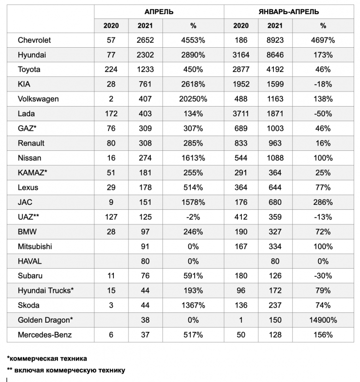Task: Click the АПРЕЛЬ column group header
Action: click(x=159, y=11)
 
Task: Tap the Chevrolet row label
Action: click(x=34, y=40)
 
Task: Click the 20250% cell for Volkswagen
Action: click(x=194, y=99)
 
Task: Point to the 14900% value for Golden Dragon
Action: click(x=323, y=320)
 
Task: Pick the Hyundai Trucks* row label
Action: click(x=45, y=291)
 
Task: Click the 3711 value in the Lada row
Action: click(x=240, y=114)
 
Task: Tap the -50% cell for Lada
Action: click(x=323, y=114)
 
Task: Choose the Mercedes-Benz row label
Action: click(x=41, y=335)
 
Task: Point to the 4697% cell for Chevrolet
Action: click(x=323, y=40)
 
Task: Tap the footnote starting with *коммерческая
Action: click(x=47, y=359)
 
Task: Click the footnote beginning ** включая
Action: click(x=66, y=370)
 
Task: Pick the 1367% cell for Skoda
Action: click(x=194, y=306)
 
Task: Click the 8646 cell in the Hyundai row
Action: click(x=275, y=55)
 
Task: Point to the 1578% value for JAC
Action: click(x=194, y=202)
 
